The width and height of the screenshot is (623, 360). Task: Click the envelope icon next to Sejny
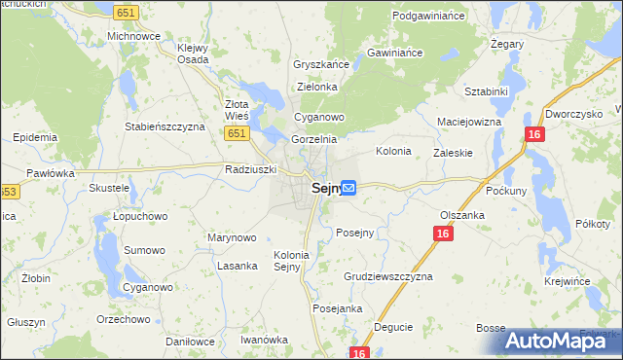pyautogui.click(x=348, y=188)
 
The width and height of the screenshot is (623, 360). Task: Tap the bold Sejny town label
pyautogui.click(x=325, y=189)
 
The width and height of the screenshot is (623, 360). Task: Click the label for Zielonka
pyautogui.click(x=316, y=87)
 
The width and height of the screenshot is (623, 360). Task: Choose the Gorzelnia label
pyautogui.click(x=314, y=139)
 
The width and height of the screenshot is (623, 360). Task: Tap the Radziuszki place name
pyautogui.click(x=251, y=168)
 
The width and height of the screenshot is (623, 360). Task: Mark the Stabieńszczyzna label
pyautogui.click(x=165, y=126)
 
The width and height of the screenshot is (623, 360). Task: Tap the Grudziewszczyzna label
pyautogui.click(x=387, y=276)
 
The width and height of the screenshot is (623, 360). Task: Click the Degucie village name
pyautogui.click(x=392, y=327)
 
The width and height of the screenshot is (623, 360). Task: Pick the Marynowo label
pyautogui.click(x=232, y=237)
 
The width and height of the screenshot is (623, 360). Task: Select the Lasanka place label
pyautogui.click(x=238, y=266)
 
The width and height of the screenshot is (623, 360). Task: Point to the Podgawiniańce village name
pyautogui.click(x=432, y=17)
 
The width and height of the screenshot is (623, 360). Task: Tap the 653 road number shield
pyautogui.click(x=7, y=192)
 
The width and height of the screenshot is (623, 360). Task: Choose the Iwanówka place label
pyautogui.click(x=265, y=340)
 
